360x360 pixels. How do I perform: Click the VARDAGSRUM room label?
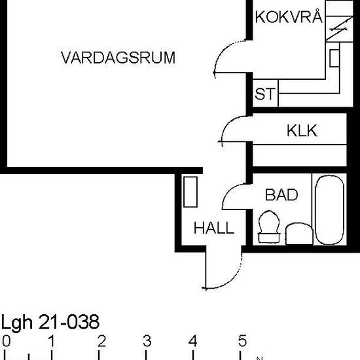point(118,58)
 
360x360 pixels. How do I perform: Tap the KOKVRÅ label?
point(289,17)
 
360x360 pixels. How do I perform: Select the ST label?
point(264,95)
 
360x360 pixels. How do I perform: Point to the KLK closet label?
point(301,131)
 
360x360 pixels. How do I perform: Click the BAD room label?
point(281,195)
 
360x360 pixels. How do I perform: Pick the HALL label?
point(213,228)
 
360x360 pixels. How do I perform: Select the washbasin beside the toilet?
point(300,233)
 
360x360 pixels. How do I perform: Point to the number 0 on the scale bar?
point(6,341)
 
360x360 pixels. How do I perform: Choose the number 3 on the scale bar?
point(147,341)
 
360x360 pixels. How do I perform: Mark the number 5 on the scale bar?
point(242,341)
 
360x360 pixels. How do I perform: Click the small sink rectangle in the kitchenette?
point(334,58)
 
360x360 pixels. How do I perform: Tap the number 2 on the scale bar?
point(101,341)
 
